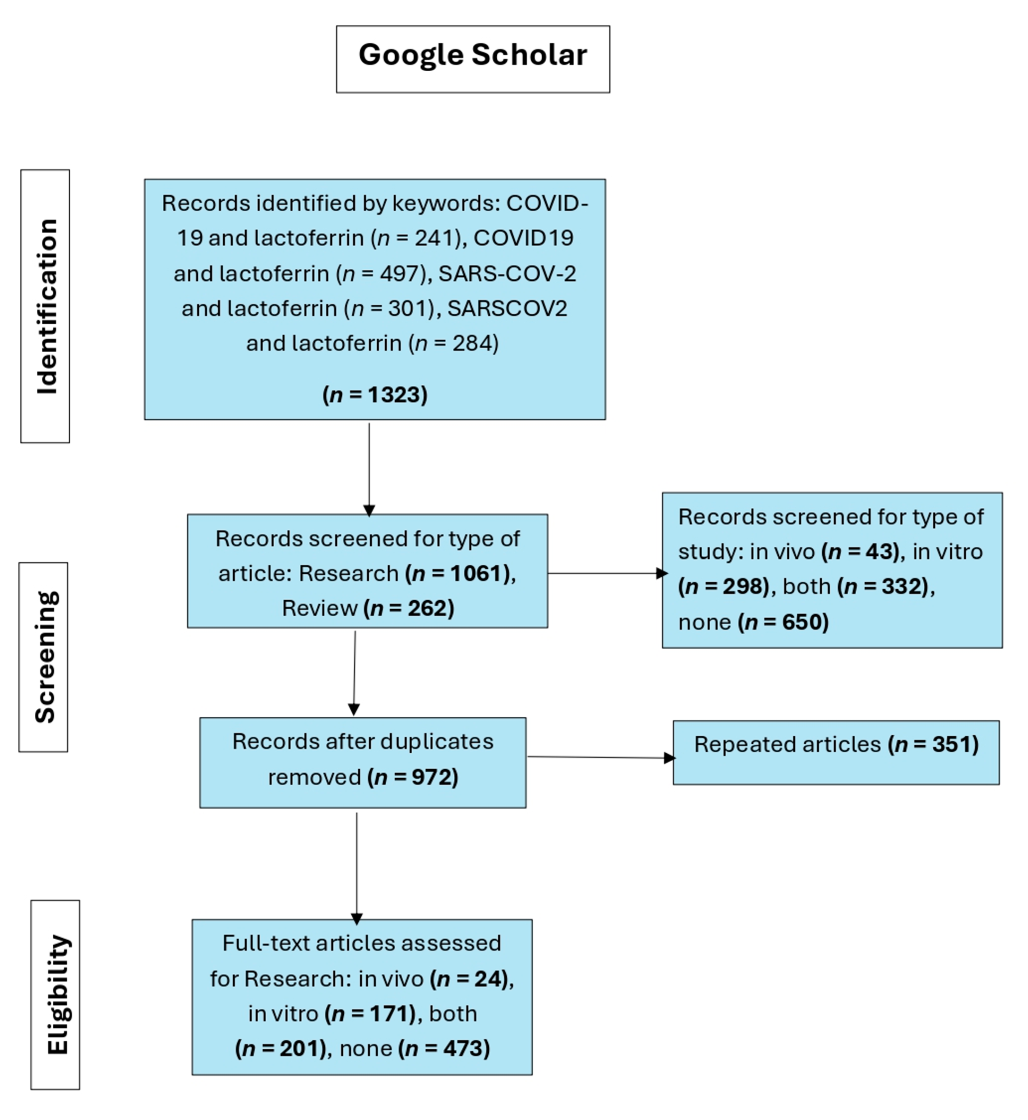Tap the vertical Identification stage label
[x=45, y=306]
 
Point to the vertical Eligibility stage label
[x=55, y=994]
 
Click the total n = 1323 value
[x=375, y=394]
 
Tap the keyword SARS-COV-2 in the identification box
[x=507, y=274]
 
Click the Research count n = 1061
[x=458, y=574]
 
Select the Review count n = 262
[x=409, y=608]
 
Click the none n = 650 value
[x=783, y=621]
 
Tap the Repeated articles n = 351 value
[x=934, y=744]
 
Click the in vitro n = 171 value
[x=372, y=1014]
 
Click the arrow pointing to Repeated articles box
[x=601, y=757]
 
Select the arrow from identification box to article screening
[x=369, y=468]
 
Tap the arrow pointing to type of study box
[x=606, y=573]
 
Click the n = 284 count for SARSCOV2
[x=453, y=343]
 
